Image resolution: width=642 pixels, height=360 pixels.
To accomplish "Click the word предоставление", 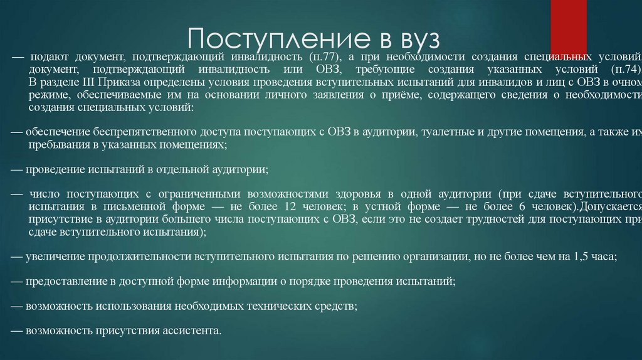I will [x=63, y=282].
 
